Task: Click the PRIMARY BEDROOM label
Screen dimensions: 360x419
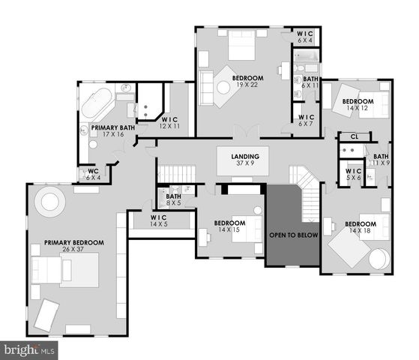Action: (73, 247)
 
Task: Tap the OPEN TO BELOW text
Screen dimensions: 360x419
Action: (294, 235)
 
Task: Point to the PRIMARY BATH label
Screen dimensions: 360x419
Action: (113, 131)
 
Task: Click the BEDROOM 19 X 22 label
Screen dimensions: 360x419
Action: (247, 82)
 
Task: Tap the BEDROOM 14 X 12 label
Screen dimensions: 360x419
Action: (358, 105)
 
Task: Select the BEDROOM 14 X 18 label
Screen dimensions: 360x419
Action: (360, 227)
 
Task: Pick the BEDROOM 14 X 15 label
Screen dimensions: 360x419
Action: (229, 226)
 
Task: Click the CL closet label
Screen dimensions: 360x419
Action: (354, 136)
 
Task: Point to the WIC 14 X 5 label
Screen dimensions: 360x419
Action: (158, 221)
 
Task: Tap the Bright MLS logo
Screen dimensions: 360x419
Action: (29, 349)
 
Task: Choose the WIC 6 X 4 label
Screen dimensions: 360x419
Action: (305, 37)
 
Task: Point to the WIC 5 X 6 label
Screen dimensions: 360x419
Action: (353, 175)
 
